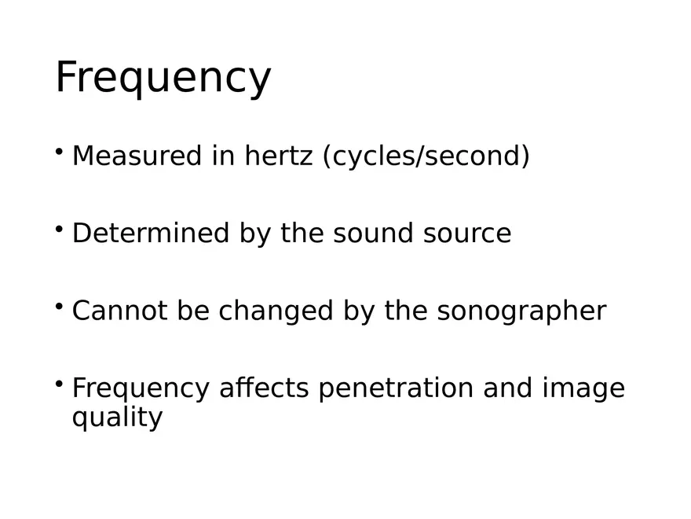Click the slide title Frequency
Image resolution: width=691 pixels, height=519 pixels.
point(163,79)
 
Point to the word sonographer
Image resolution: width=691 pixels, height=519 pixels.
point(521,311)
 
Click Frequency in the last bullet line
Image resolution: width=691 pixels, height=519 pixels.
point(141,389)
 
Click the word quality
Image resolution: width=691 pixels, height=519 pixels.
point(117,418)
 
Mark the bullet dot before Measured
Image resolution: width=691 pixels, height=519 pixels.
point(60,151)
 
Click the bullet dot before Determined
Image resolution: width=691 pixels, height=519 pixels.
point(60,229)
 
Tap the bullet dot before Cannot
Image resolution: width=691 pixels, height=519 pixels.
point(60,306)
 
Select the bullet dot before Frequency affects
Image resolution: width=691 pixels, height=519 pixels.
point(60,384)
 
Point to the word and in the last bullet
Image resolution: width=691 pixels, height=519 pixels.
point(508,388)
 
